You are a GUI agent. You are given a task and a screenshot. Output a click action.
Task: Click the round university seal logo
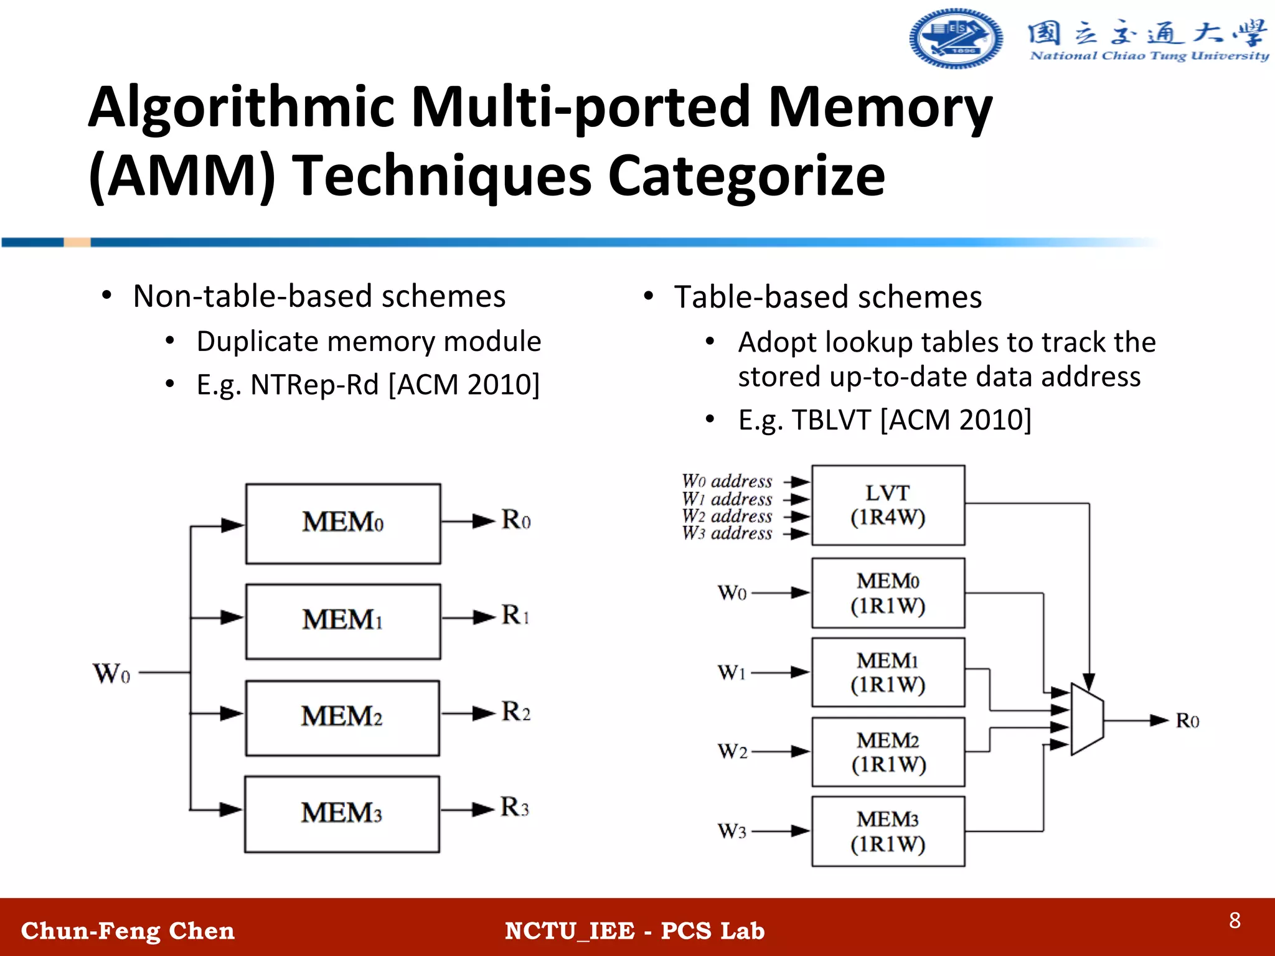click(x=956, y=39)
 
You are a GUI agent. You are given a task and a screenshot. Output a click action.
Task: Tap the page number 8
click(x=1235, y=921)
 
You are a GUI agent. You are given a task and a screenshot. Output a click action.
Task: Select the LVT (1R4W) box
click(x=888, y=505)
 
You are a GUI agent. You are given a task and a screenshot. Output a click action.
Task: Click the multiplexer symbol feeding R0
click(x=1087, y=719)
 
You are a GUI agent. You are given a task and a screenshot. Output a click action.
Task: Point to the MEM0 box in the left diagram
click(x=343, y=523)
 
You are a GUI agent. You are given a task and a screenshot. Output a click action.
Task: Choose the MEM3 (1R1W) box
click(x=888, y=832)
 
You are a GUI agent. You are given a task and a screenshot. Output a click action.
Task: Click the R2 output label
click(x=516, y=711)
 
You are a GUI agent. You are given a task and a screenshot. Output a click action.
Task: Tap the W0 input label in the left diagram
click(x=111, y=673)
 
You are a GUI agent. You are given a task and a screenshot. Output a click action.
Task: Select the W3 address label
click(x=727, y=533)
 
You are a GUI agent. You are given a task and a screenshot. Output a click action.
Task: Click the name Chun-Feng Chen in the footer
click(x=128, y=930)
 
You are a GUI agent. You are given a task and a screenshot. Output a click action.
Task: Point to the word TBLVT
click(x=831, y=420)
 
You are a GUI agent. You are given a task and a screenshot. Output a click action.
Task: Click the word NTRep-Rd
click(x=314, y=385)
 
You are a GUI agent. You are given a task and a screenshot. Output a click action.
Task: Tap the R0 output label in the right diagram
click(x=1187, y=721)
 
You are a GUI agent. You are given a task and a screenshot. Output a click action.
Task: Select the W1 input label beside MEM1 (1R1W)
click(x=732, y=672)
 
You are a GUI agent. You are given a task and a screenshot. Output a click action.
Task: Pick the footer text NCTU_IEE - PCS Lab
click(x=634, y=930)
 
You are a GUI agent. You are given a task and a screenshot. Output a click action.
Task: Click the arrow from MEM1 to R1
click(x=468, y=618)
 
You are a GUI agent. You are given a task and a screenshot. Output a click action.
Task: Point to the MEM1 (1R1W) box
click(x=888, y=672)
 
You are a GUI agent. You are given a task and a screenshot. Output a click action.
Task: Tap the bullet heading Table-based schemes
click(x=827, y=297)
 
